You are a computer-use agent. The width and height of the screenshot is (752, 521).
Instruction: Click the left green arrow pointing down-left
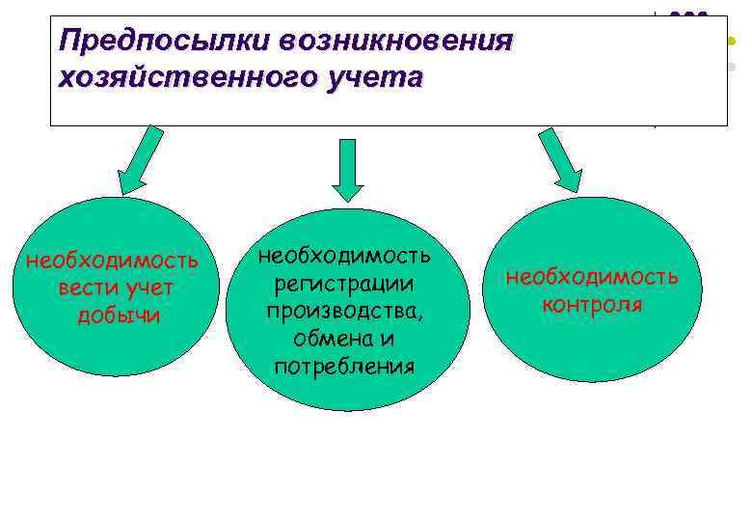145,157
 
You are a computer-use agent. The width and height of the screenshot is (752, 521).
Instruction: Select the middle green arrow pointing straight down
348,169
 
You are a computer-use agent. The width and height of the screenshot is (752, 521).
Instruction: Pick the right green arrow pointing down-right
560,159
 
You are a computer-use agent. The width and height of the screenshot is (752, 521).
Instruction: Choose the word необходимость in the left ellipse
112,260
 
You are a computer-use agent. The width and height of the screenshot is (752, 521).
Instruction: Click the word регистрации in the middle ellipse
344,284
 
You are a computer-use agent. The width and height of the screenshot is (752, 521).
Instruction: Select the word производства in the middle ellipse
344,312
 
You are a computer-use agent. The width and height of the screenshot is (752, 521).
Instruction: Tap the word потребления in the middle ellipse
344,367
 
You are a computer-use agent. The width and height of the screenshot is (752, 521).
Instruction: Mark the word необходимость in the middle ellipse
344,256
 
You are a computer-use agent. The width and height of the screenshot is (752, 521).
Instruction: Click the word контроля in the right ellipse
592,306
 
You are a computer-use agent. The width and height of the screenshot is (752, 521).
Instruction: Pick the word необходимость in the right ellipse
592,278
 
